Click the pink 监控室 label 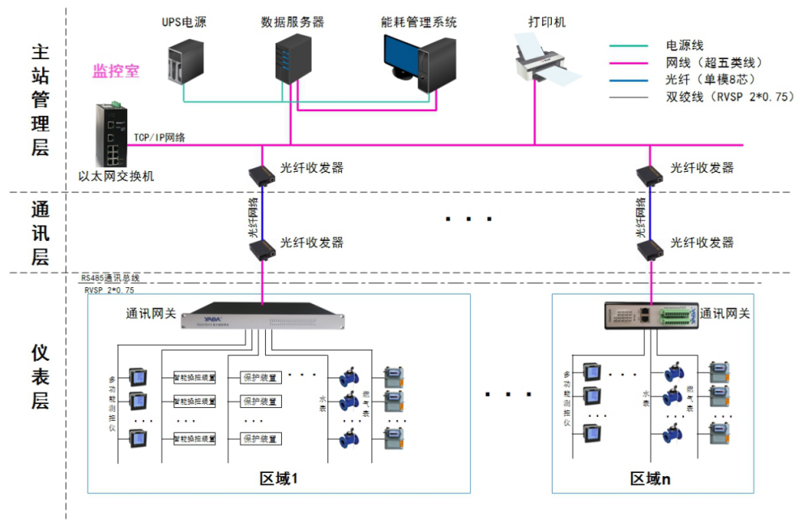[115, 71]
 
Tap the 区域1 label [279, 479]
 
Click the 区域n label [650, 479]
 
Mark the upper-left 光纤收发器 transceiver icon [262, 174]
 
